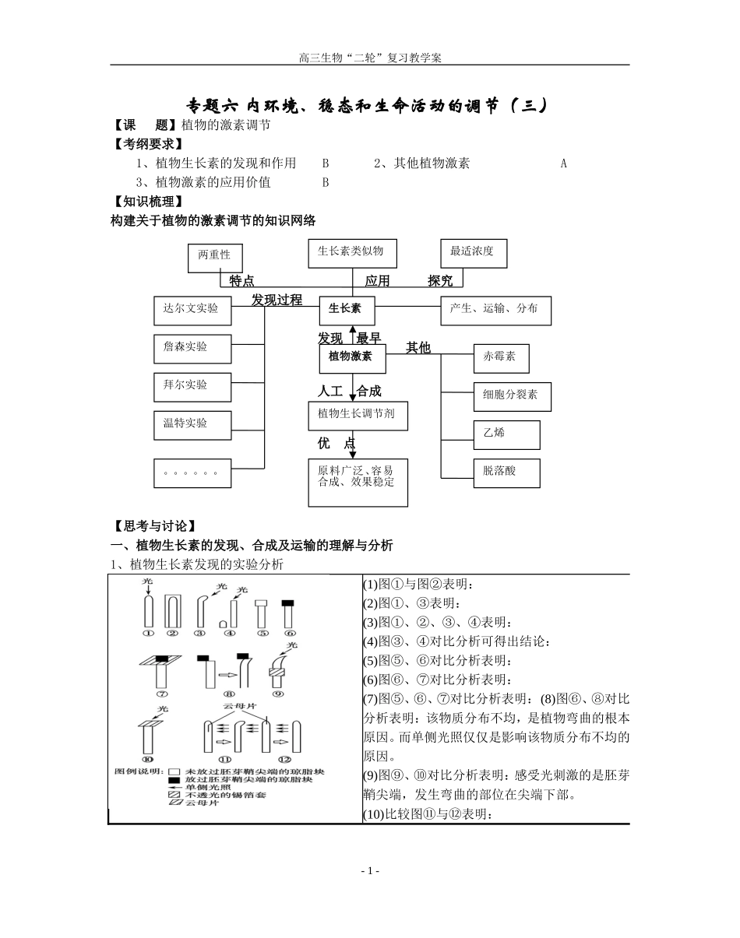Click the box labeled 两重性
(x=215, y=258)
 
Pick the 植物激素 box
(x=353, y=358)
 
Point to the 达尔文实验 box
(x=192, y=310)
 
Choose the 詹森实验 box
(x=192, y=348)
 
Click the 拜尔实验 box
(x=192, y=386)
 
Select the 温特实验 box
(x=192, y=424)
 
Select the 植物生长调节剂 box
(x=358, y=416)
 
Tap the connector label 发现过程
(x=277, y=300)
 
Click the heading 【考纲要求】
(x=148, y=144)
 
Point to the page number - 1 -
(x=370, y=870)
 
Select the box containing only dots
(x=192, y=473)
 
